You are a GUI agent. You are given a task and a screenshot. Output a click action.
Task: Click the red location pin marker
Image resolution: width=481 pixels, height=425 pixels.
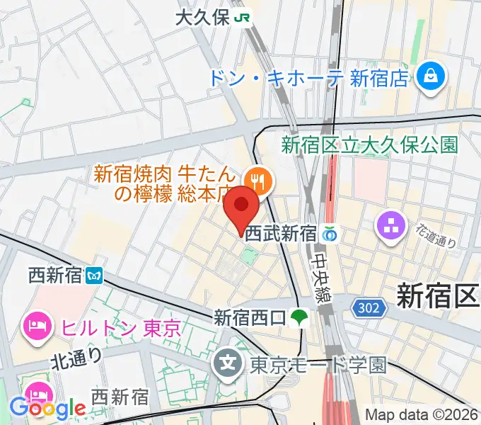pos(241,208)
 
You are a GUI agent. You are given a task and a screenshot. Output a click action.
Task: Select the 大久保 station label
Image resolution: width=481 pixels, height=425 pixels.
pos(202,18)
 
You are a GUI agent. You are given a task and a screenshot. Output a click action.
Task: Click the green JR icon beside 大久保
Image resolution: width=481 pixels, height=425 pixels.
pos(244,18)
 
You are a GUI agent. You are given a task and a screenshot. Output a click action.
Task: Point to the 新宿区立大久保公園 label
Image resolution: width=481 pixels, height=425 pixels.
pos(369,145)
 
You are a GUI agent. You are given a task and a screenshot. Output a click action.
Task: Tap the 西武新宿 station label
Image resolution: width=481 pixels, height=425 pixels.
pos(280,234)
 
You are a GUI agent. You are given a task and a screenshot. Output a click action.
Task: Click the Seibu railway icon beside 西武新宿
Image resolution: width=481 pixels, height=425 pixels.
pos(330,234)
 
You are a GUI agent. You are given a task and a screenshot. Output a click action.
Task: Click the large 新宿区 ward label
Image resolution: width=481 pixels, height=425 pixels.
pos(437,295)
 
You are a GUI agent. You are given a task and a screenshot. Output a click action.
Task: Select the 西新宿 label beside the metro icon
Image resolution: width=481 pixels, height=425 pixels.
pos(55,274)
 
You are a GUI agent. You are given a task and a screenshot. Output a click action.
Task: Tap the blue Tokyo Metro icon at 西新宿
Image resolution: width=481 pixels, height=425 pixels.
pos(93,275)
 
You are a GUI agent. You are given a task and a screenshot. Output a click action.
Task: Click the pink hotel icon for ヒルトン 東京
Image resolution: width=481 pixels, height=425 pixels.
pos(35,327)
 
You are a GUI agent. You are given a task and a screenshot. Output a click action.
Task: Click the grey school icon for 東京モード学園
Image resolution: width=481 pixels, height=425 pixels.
pos(228,365)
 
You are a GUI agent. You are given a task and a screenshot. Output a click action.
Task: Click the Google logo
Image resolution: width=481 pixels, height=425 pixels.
pos(47,408)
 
